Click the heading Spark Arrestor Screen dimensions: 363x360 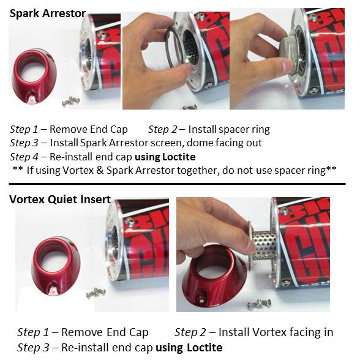pos(48,12)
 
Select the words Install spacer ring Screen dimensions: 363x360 pos(228,129)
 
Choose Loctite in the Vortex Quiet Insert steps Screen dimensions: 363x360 pos(201,347)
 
